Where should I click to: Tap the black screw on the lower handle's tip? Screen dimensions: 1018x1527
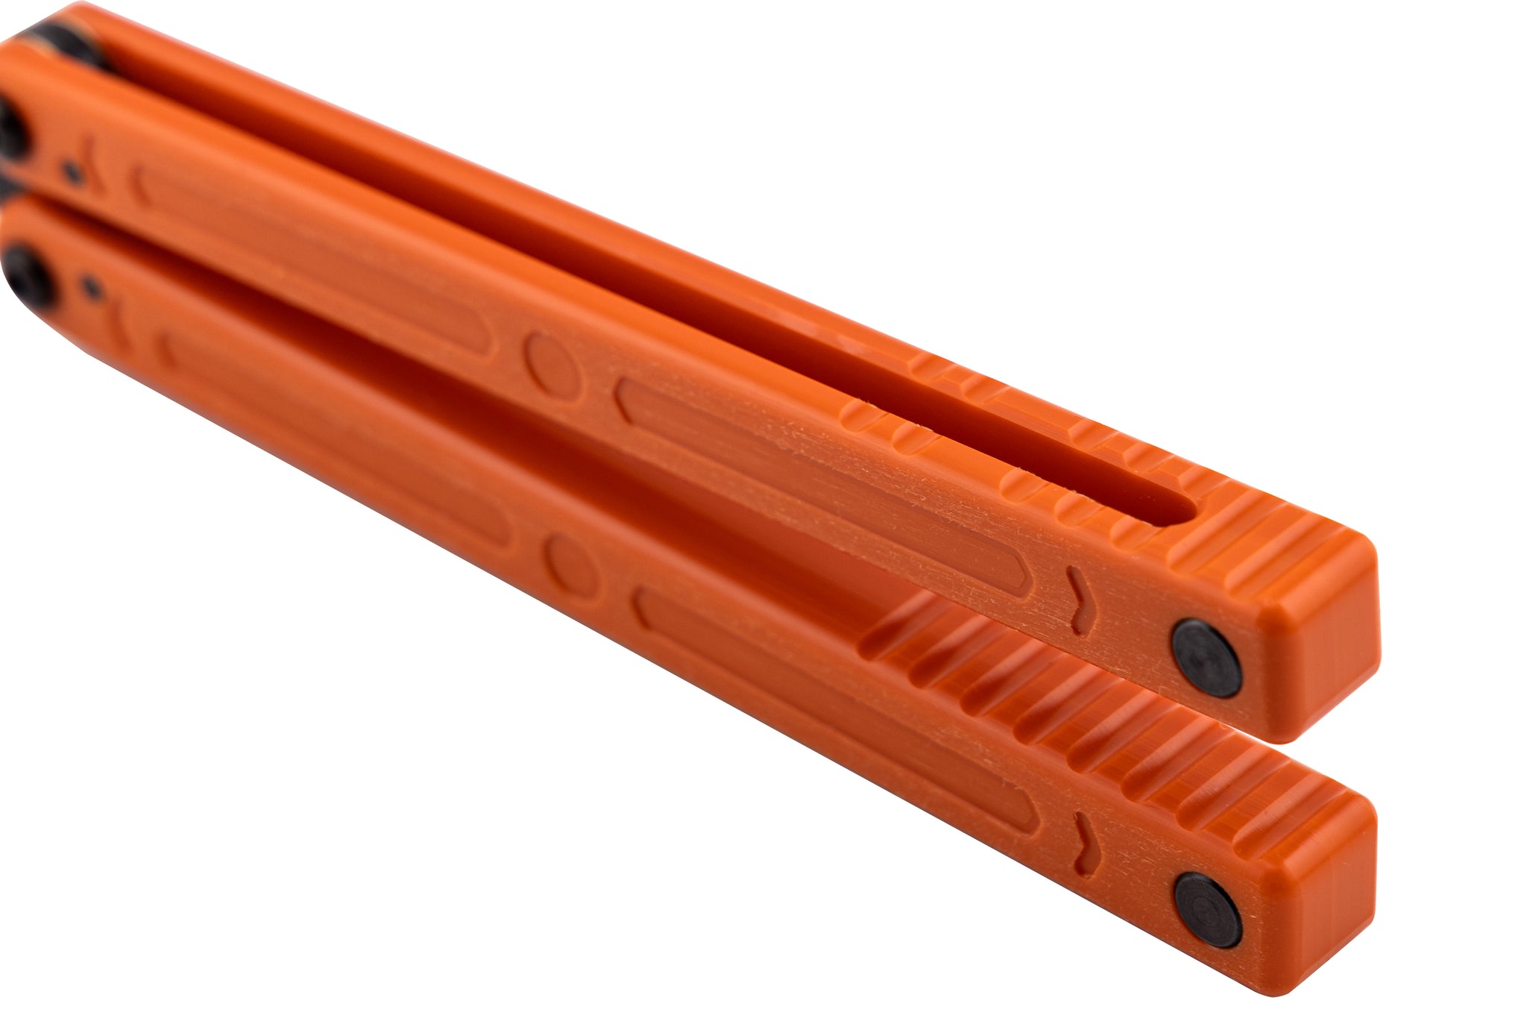point(1208,910)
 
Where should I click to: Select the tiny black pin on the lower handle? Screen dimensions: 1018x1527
point(92,284)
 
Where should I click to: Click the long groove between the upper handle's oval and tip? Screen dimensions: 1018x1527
point(820,477)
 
